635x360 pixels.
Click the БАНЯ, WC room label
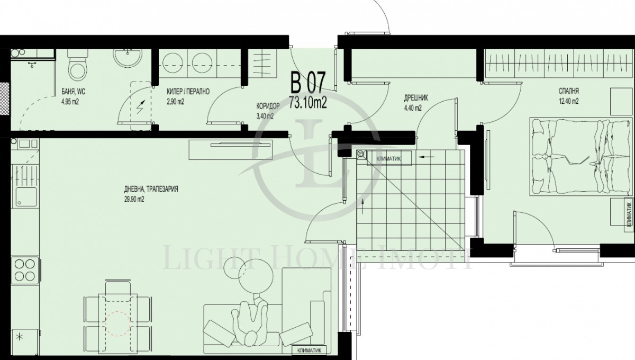tap(73, 92)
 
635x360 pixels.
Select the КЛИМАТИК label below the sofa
tap(309, 350)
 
